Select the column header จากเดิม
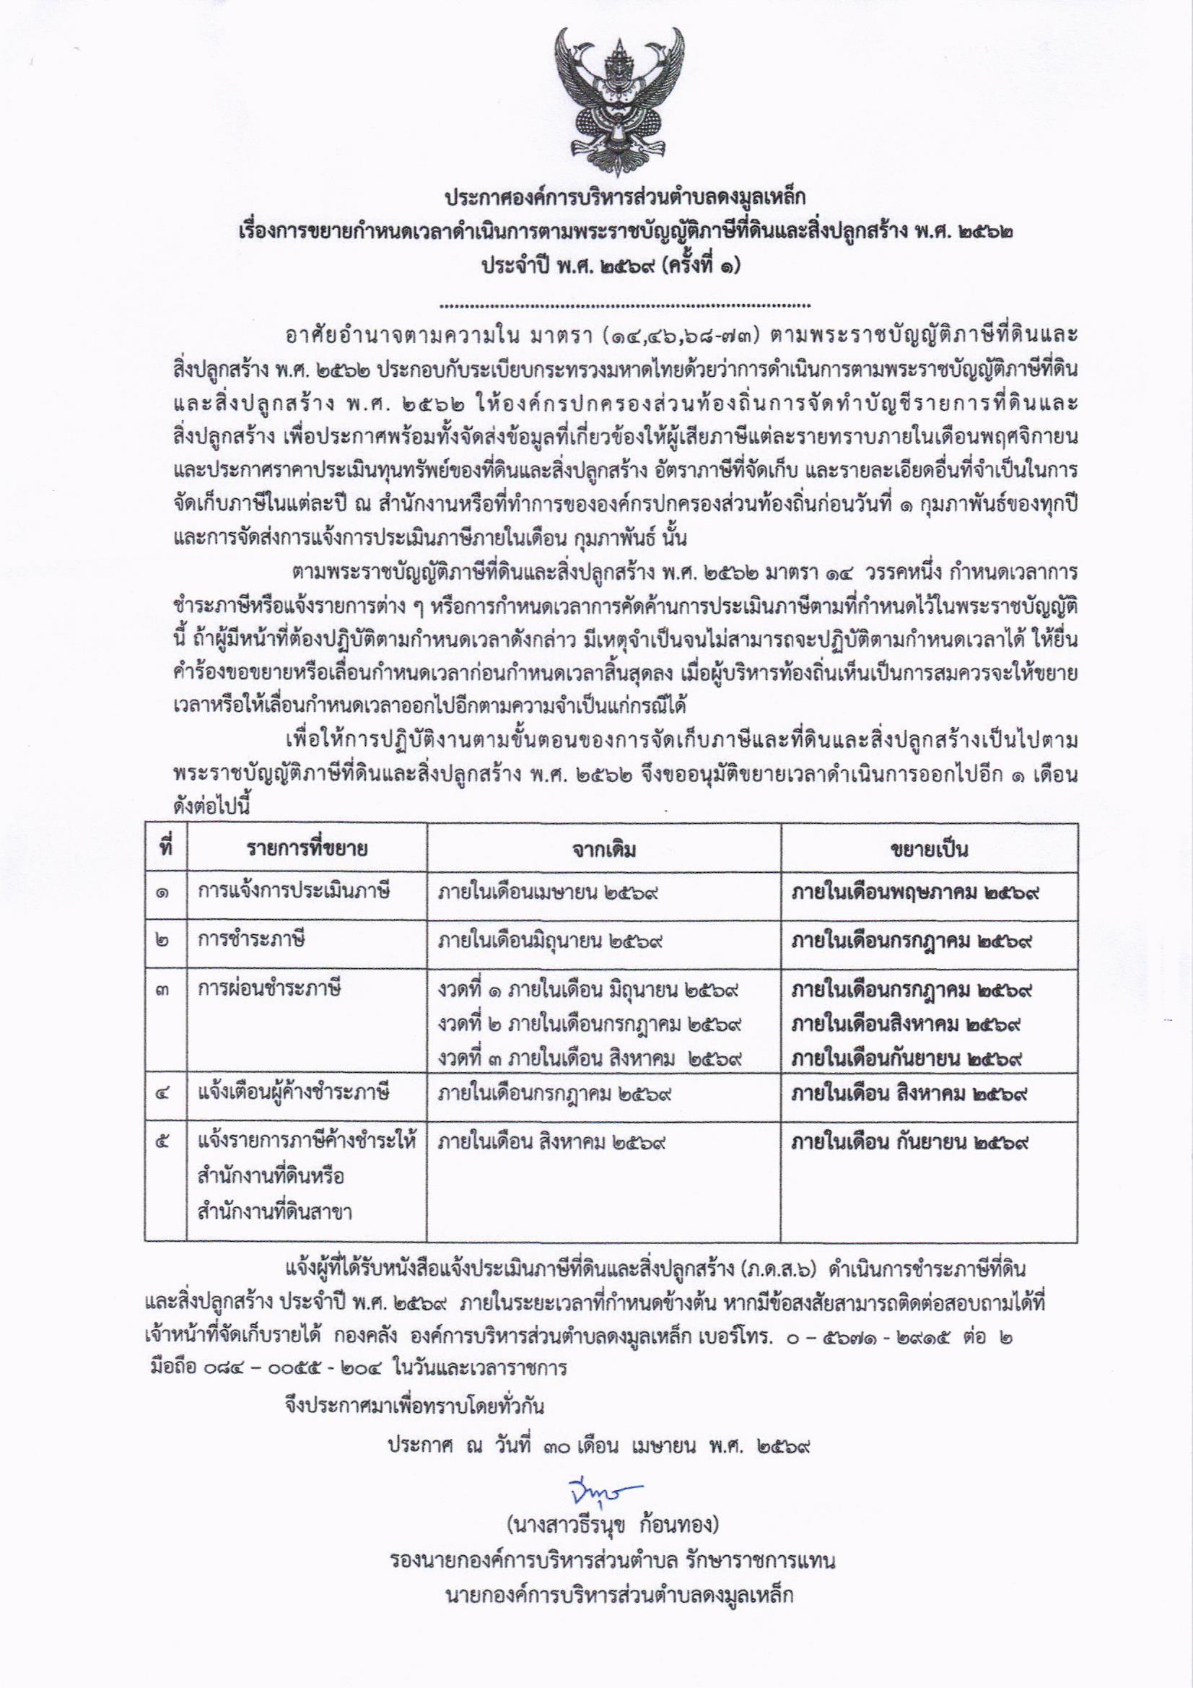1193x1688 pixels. point(606,850)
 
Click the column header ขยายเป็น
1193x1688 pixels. point(929,850)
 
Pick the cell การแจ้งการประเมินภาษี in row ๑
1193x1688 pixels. point(293,892)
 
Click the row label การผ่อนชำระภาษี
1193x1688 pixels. point(269,990)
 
